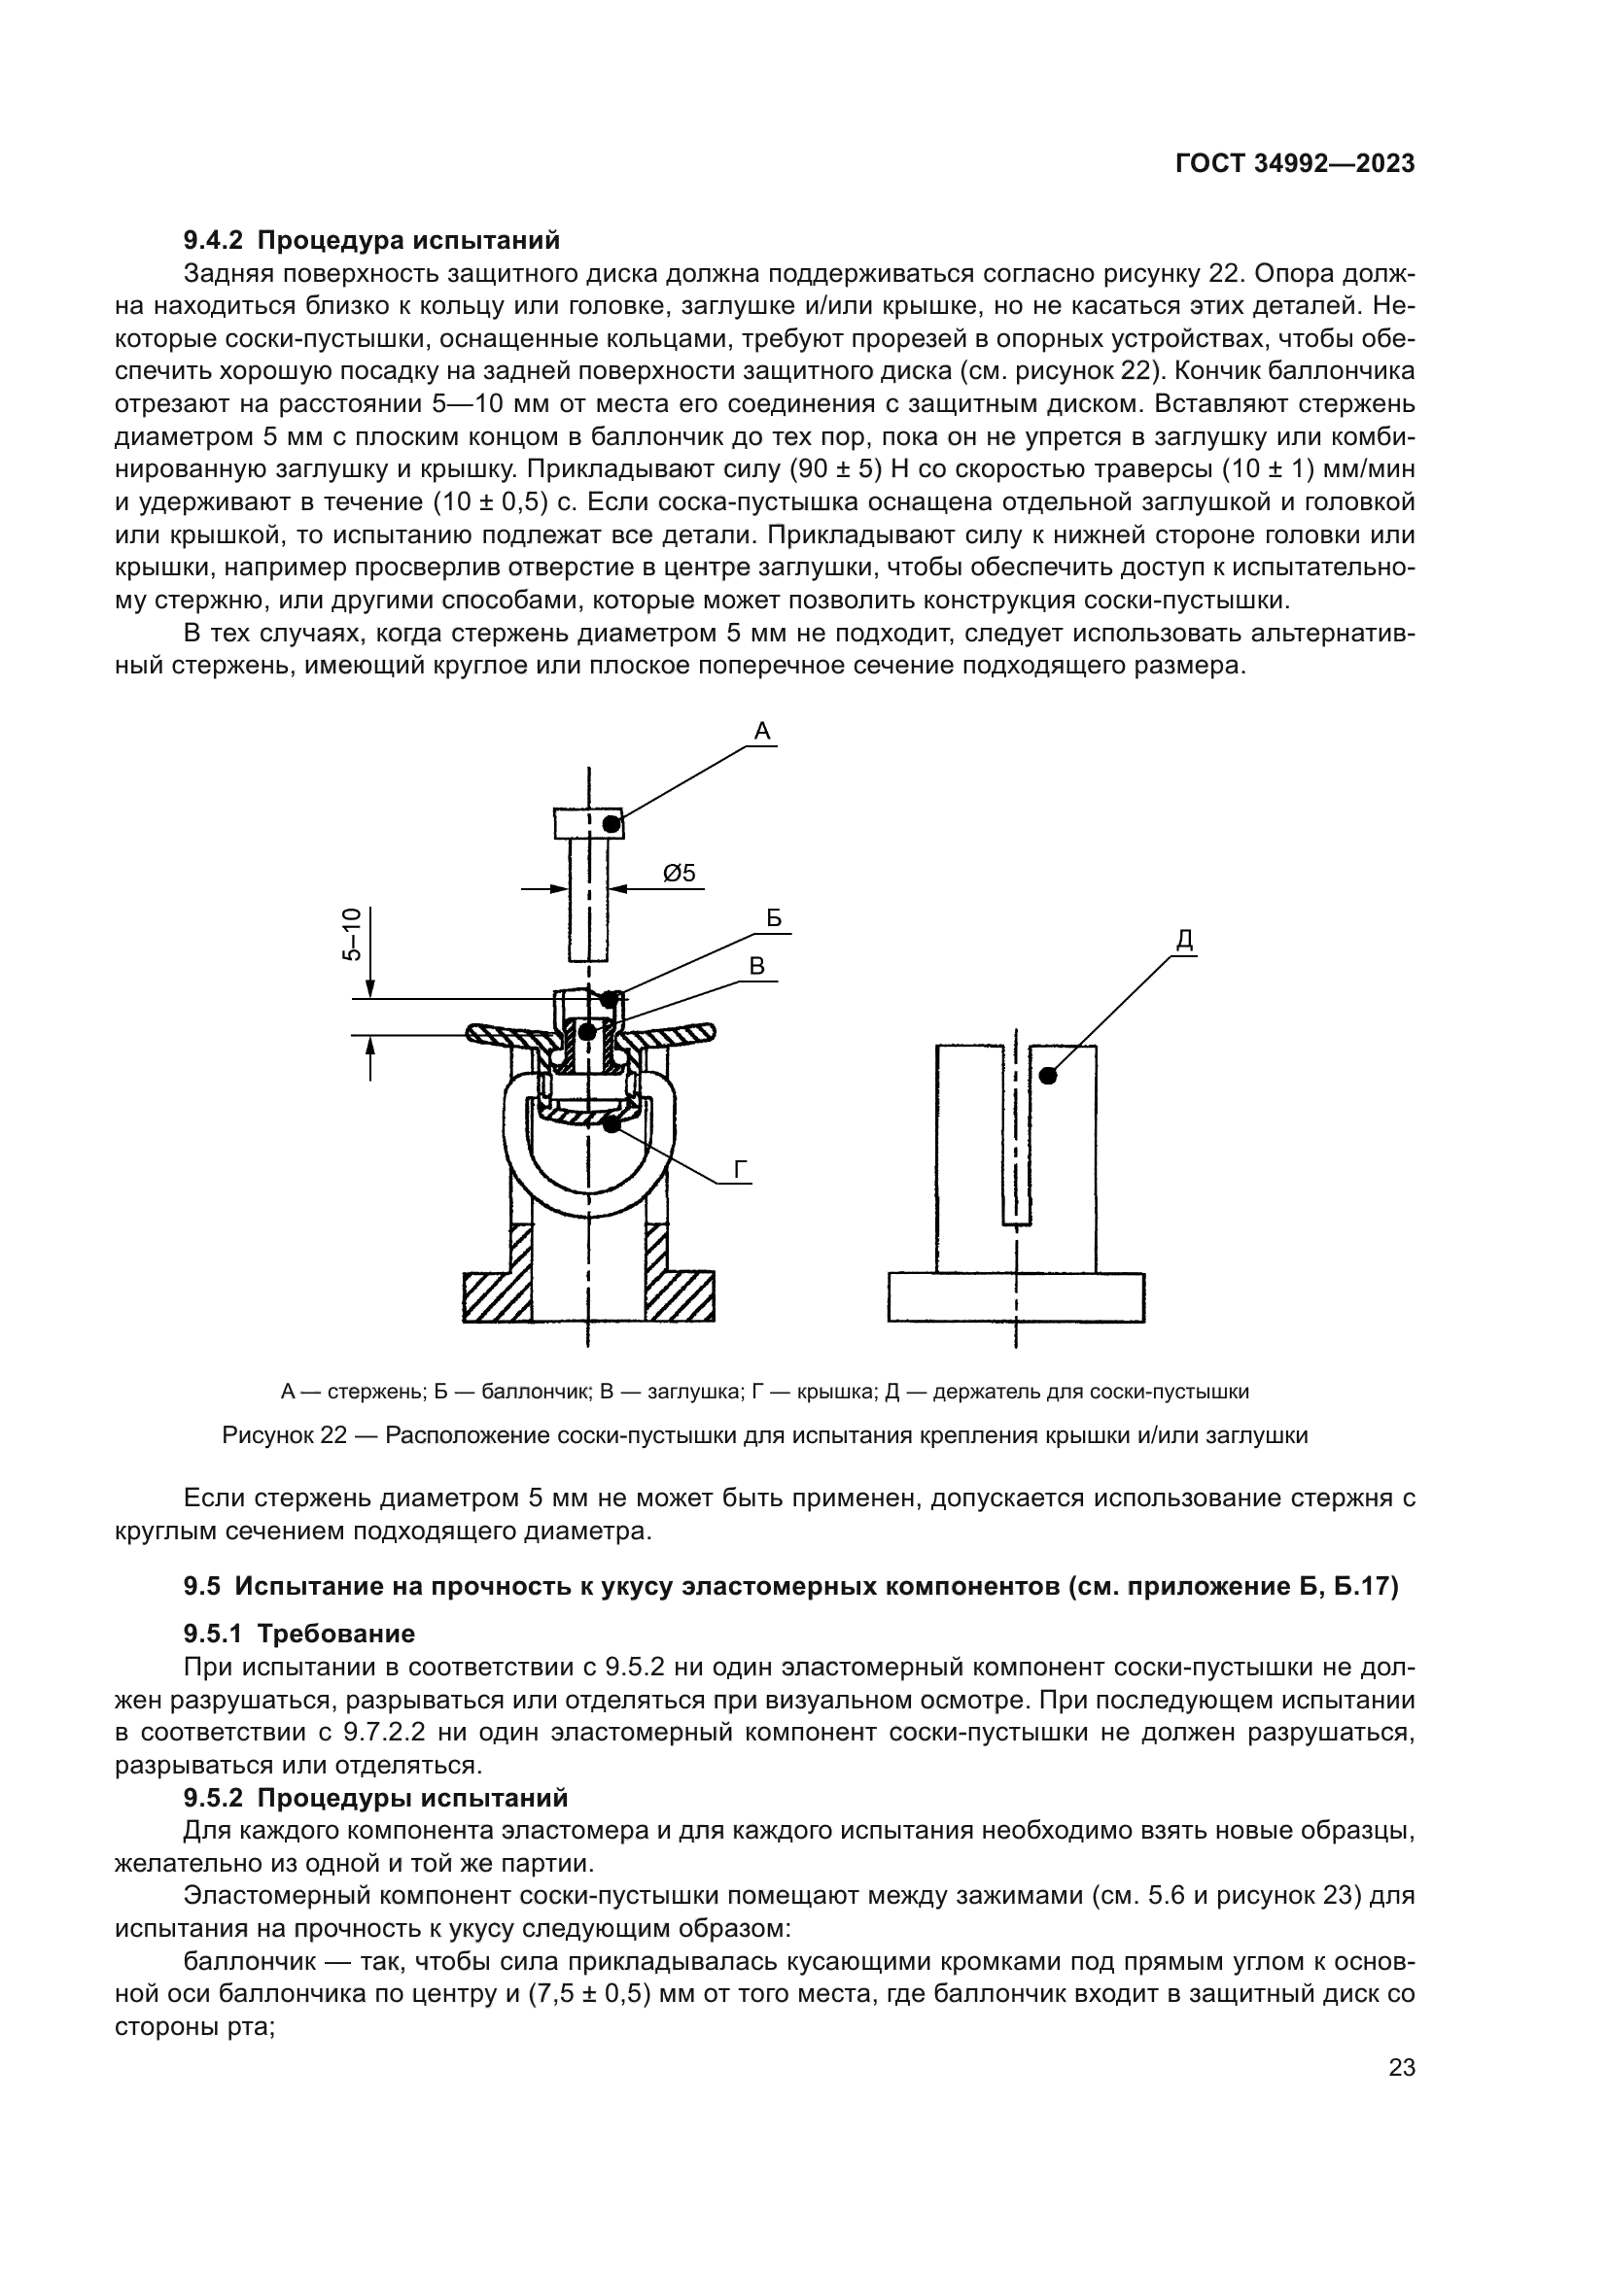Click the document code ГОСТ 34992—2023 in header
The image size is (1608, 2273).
click(x=1294, y=164)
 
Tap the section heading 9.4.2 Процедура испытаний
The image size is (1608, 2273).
click(x=371, y=241)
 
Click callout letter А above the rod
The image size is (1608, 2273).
click(x=761, y=732)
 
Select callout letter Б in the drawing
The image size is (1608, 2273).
click(x=774, y=918)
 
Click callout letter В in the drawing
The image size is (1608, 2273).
click(x=757, y=966)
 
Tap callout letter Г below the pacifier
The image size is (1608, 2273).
click(x=741, y=1170)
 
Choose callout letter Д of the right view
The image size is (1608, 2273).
click(x=1184, y=942)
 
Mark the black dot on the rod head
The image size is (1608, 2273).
click(x=612, y=824)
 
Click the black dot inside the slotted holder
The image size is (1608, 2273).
click(x=1048, y=1075)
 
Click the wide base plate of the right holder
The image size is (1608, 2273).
click(x=1016, y=1297)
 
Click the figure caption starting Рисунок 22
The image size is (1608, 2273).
click(x=764, y=1435)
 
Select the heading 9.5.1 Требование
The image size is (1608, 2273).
click(x=299, y=1634)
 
